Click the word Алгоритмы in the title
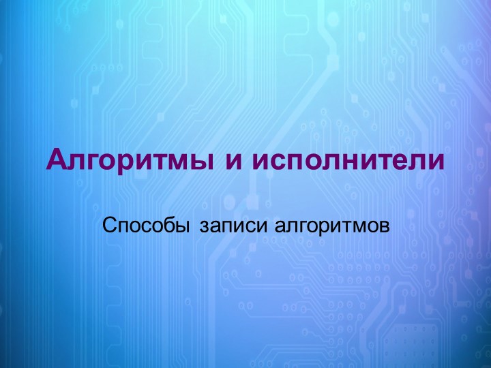(x=123, y=162)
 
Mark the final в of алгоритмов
(x=383, y=225)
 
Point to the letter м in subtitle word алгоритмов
(x=356, y=225)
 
